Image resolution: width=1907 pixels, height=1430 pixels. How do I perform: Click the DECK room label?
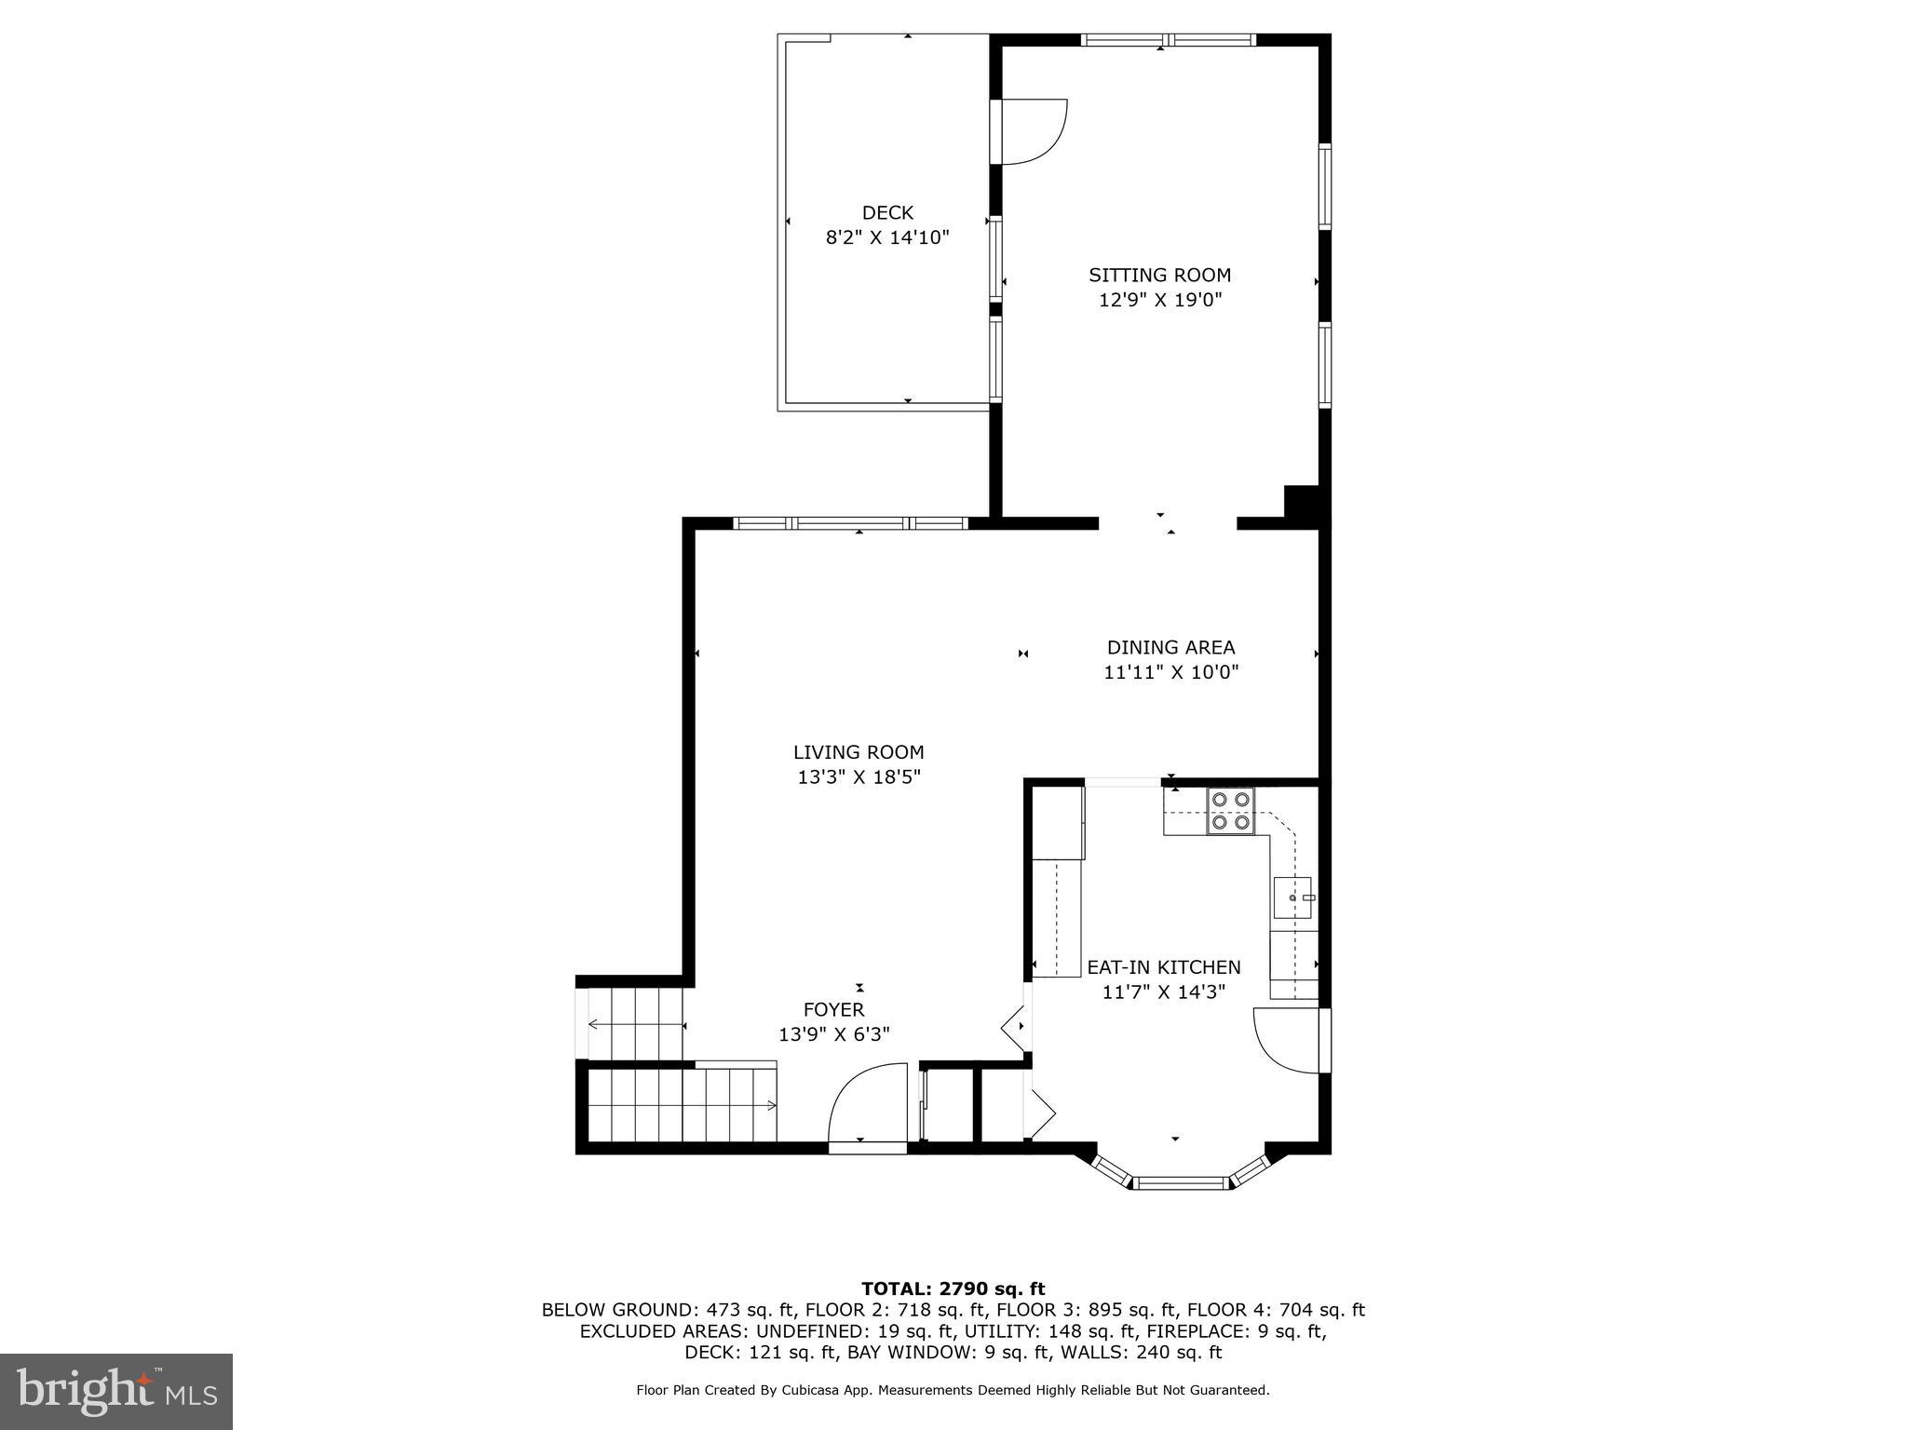[x=886, y=213]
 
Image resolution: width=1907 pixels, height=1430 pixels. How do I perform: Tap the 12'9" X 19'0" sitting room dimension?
[x=1159, y=300]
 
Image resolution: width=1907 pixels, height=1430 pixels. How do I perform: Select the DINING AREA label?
[x=1170, y=647]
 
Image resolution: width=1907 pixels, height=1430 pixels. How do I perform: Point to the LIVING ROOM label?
[x=859, y=752]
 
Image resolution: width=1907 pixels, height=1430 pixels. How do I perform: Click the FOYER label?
[x=833, y=1009]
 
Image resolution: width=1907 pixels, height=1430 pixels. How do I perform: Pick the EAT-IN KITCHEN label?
[x=1163, y=967]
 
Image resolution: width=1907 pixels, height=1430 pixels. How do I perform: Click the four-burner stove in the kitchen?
[x=1230, y=811]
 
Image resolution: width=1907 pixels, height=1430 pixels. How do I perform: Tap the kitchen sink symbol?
[x=1292, y=897]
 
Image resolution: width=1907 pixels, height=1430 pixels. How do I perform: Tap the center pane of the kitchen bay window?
[x=1182, y=1183]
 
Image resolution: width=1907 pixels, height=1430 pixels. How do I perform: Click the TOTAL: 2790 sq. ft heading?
[x=953, y=1288]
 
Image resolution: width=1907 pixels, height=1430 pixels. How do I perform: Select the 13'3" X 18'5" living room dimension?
[x=859, y=777]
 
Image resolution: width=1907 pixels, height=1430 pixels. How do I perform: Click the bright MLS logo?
[x=115, y=1391]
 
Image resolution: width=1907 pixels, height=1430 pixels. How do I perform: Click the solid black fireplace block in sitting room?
[x=1301, y=504]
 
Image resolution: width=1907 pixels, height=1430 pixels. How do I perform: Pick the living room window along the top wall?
[x=850, y=523]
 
